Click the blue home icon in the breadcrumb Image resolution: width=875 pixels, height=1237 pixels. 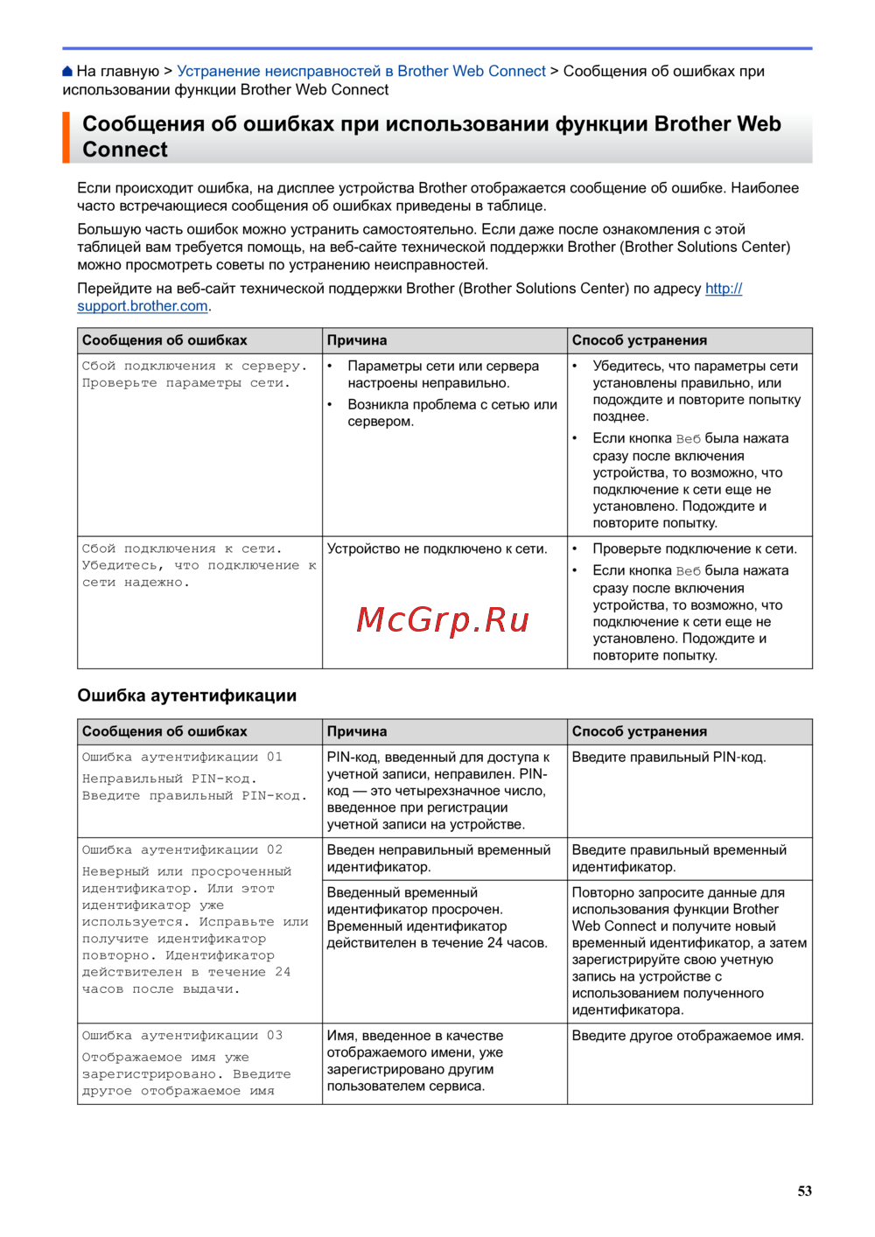[x=68, y=72]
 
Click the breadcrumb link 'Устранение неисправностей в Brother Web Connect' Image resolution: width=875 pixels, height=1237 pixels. [x=360, y=72]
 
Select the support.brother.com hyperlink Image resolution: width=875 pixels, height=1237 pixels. [x=143, y=306]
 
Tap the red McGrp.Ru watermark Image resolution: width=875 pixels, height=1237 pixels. [x=443, y=620]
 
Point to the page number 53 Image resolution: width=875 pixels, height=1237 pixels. [x=804, y=1191]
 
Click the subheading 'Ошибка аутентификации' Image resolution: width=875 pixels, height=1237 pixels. [x=186, y=695]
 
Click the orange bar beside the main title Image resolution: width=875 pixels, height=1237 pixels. [x=66, y=137]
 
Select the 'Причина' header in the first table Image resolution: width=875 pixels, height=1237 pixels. [x=357, y=340]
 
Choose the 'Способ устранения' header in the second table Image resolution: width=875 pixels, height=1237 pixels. [x=639, y=731]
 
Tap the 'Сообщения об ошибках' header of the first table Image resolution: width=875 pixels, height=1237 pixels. [x=164, y=340]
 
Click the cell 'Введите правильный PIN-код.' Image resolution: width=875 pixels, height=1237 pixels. [x=668, y=758]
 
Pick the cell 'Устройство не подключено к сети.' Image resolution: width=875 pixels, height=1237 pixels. [x=437, y=549]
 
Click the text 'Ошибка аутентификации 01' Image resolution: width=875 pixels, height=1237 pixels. [x=182, y=758]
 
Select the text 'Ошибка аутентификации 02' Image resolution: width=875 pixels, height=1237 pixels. [x=182, y=850]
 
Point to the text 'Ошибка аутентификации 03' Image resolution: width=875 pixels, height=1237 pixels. [x=182, y=1036]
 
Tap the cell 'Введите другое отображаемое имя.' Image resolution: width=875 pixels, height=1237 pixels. [x=687, y=1036]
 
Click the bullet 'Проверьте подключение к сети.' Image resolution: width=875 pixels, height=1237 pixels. [x=694, y=549]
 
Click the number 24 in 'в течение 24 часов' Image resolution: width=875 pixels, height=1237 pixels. [x=495, y=943]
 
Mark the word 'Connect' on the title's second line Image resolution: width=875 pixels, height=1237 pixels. [x=125, y=150]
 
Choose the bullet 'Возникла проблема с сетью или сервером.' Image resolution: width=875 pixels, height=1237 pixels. [x=451, y=413]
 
